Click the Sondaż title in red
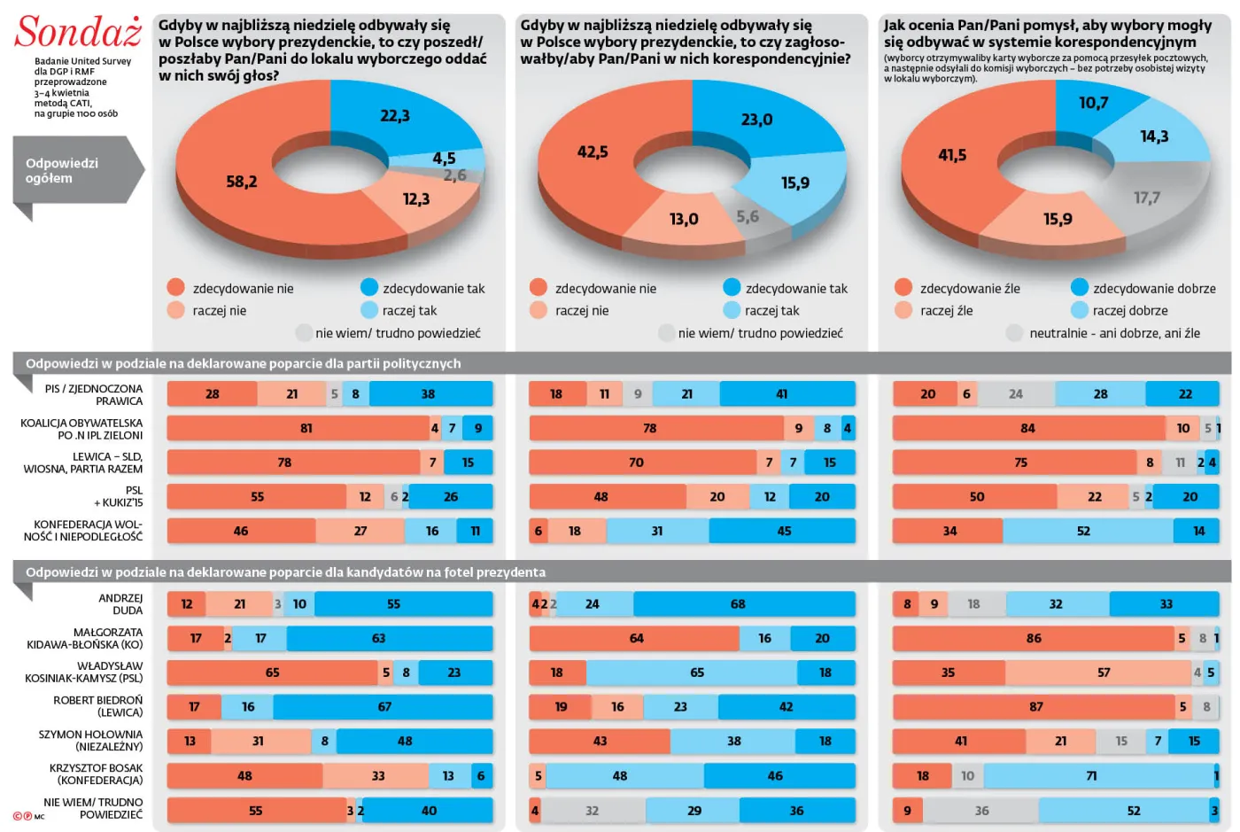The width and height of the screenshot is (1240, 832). click(x=78, y=32)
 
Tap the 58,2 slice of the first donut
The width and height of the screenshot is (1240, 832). click(x=241, y=182)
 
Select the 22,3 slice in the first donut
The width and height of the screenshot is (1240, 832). click(x=394, y=116)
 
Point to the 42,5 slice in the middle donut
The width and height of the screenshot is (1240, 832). click(x=593, y=152)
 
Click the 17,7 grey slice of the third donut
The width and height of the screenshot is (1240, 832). click(x=1146, y=198)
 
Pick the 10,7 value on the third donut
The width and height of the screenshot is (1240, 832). click(x=1093, y=103)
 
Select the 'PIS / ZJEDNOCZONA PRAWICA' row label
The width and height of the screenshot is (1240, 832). click(x=93, y=394)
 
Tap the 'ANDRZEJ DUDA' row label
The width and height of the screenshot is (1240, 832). click(x=120, y=604)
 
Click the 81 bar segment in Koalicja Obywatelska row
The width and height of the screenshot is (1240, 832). click(x=306, y=428)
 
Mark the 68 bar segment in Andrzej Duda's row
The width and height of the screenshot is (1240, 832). click(x=738, y=604)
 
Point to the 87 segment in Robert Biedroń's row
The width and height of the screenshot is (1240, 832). click(x=1035, y=707)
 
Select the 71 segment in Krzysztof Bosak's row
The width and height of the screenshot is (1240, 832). click(x=1091, y=776)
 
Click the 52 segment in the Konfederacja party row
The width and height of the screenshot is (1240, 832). click(x=1083, y=531)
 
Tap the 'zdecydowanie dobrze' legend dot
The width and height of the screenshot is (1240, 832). click(x=1079, y=288)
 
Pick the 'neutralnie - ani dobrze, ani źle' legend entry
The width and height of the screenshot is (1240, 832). click(x=1114, y=333)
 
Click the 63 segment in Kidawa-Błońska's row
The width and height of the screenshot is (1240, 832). click(x=378, y=638)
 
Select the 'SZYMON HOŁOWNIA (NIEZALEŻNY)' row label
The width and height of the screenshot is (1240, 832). click(x=90, y=741)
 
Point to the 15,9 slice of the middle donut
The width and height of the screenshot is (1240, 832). click(x=794, y=183)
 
